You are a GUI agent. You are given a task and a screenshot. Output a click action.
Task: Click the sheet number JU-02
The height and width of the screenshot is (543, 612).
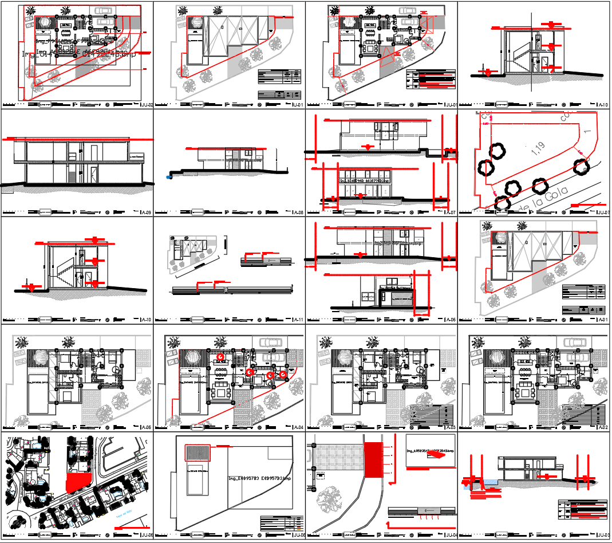pos(147,105)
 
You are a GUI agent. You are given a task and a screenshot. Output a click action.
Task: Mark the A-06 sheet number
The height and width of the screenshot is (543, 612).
pos(451,320)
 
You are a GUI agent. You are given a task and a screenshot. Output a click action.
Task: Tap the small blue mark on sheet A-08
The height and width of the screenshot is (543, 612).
pos(168,177)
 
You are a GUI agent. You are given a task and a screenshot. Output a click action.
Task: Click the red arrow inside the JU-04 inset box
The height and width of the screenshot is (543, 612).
pos(440,457)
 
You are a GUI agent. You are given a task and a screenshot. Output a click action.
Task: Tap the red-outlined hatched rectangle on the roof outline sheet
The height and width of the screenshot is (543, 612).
pos(198,453)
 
